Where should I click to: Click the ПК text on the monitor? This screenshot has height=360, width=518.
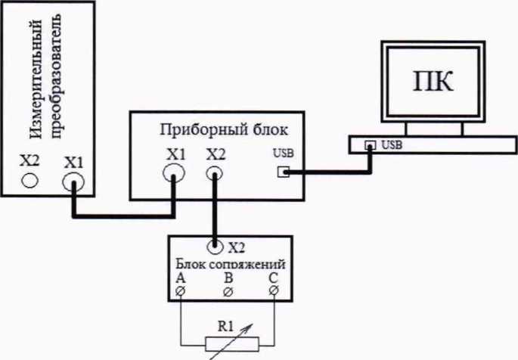tap(433, 81)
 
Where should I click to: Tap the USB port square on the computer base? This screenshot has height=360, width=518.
tap(370, 144)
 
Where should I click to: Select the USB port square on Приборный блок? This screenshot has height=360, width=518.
tap(283, 172)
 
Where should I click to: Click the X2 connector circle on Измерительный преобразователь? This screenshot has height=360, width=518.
tap(30, 180)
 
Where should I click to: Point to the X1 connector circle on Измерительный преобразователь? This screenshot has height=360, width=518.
tap(73, 182)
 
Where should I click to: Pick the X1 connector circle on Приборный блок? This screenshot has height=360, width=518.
tap(174, 172)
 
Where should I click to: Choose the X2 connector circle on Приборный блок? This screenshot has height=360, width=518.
tap(215, 173)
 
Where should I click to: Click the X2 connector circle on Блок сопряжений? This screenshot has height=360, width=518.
tap(215, 246)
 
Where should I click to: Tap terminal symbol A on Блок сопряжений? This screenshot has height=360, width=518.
tap(181, 291)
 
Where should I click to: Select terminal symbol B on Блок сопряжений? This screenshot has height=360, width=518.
tap(228, 292)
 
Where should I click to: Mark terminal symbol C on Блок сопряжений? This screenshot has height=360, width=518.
tap(274, 290)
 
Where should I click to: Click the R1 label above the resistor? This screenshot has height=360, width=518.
tap(225, 326)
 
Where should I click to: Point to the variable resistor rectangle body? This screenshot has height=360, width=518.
tap(232, 344)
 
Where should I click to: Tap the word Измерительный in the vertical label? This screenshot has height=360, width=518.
tap(36, 79)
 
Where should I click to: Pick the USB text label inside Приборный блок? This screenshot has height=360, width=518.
tap(284, 154)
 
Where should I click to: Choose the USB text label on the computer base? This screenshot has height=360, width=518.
tap(392, 144)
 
